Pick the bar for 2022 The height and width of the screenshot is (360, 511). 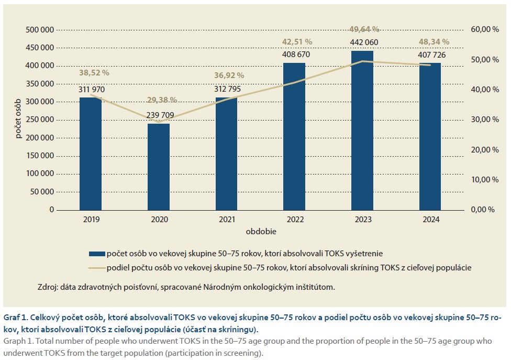coord(294,136)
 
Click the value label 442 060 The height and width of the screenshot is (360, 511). coord(362,42)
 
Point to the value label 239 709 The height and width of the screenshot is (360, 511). coord(159,115)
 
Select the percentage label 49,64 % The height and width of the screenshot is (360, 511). coord(362,29)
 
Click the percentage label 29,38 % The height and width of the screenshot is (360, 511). coord(159,100)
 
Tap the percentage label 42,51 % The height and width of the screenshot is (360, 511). coord(294,41)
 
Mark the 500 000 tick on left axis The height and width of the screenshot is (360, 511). coord(40,29)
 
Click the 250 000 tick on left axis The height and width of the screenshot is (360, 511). coord(40,119)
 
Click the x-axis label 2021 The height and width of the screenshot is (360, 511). coord(226,220)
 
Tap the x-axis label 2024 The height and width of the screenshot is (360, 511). coord(430,220)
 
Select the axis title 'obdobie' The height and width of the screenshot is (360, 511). coord(260,231)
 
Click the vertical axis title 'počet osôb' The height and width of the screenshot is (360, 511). coord(18,119)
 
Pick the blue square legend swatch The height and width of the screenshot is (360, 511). coord(97,254)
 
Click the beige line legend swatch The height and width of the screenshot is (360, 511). coord(97,268)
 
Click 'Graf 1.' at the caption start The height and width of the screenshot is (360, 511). coord(16,317)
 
